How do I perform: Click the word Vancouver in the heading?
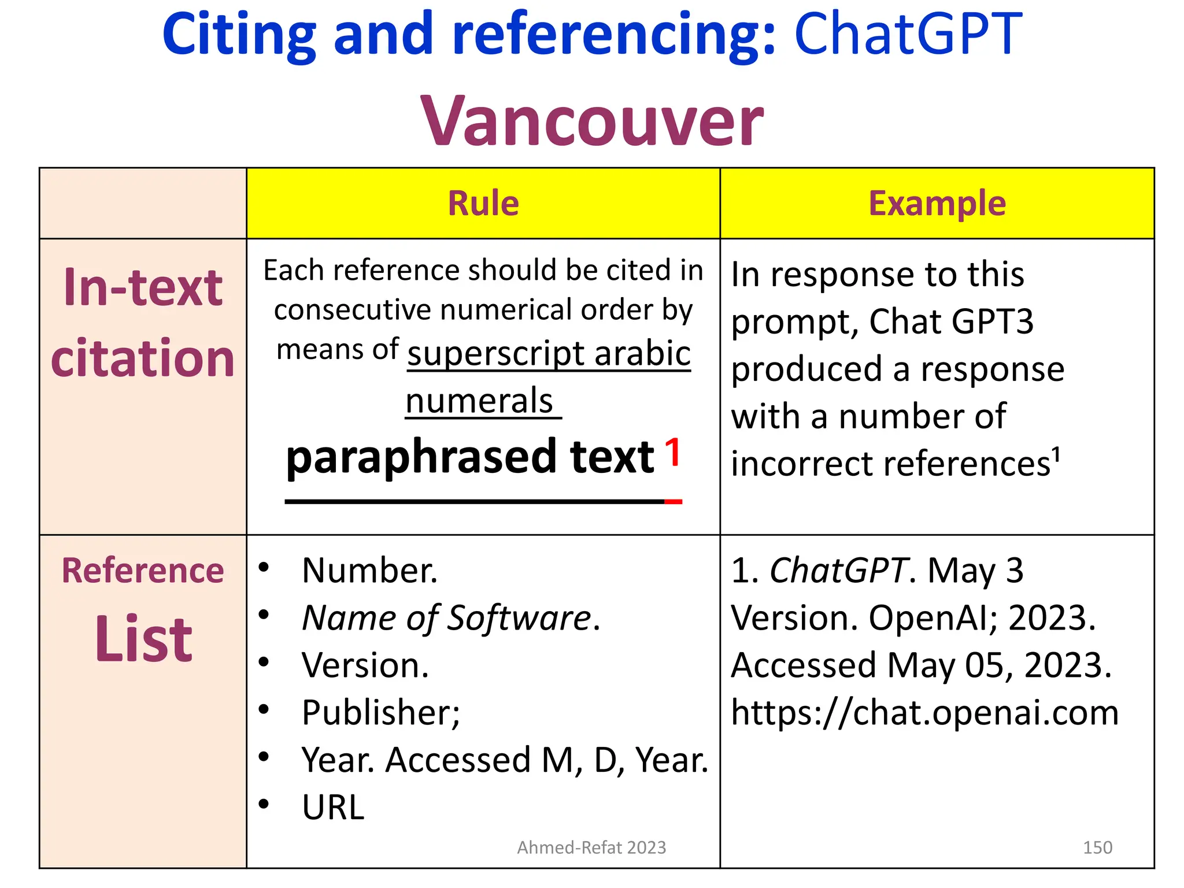coord(592,121)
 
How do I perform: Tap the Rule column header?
coord(483,203)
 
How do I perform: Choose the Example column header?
coord(937,203)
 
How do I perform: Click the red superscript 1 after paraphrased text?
coord(672,452)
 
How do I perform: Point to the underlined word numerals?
coord(479,401)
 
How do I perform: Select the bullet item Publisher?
coord(380,712)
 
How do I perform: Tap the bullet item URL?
coord(333,807)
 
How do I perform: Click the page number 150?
coord(1097,848)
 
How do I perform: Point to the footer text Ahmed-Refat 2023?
coord(591,848)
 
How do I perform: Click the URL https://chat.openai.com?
coord(924,712)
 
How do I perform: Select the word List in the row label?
coord(143,639)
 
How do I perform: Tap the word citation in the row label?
coord(143,358)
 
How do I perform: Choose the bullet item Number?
coord(369,571)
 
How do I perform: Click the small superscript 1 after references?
coord(1056,454)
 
